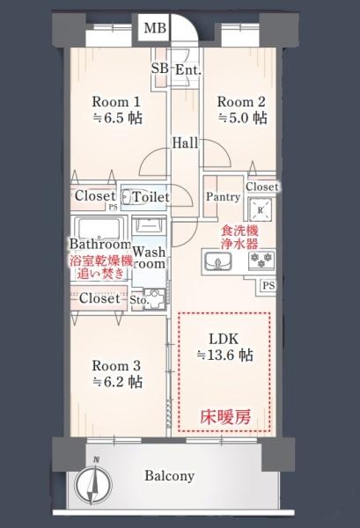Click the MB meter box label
tap(155, 28)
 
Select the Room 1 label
tap(116, 102)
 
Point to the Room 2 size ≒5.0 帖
tap(243, 118)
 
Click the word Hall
tap(185, 143)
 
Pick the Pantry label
tap(223, 196)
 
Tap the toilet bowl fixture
tap(126, 196)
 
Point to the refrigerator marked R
tap(261, 210)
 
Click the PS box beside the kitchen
tap(268, 286)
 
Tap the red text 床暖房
tap(225, 417)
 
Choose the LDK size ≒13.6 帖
tap(225, 355)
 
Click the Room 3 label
tap(116, 366)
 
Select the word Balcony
tap(169, 476)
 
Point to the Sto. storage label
tap(139, 299)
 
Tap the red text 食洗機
tap(239, 231)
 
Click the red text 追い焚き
tap(100, 274)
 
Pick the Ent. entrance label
tap(188, 70)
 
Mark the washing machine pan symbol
tap(155, 298)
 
